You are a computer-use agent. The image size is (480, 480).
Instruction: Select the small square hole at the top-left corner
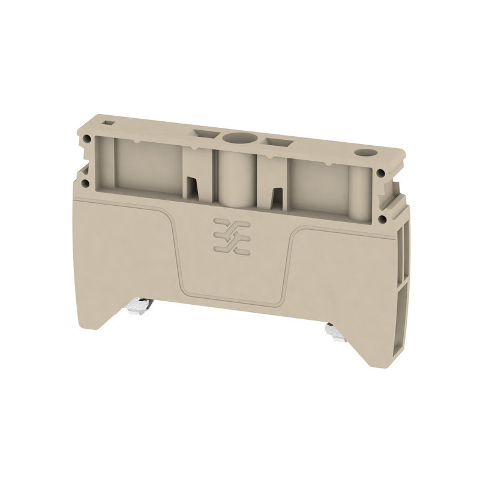pyautogui.click(x=109, y=122)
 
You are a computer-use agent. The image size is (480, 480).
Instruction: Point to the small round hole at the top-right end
pyautogui.click(x=363, y=153)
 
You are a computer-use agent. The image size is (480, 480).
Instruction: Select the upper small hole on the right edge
pyautogui.click(x=382, y=174)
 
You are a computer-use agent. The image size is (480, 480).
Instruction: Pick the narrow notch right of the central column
pyautogui.click(x=277, y=197)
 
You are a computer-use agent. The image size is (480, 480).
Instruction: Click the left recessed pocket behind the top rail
pyautogui.click(x=147, y=165)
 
